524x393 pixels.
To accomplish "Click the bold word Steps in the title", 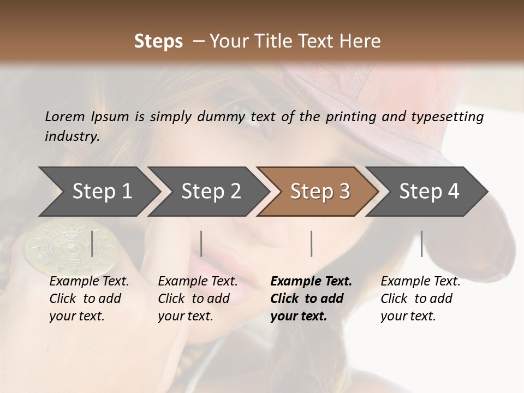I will point(158,41).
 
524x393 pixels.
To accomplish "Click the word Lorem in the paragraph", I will point(64,116).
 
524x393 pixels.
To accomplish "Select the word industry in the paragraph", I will point(72,136).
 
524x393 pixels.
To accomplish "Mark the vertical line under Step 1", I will point(92,243).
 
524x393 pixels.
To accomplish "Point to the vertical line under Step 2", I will point(201,243).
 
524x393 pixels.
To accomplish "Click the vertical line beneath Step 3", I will point(311,243).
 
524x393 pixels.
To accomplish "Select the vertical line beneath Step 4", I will point(421,243).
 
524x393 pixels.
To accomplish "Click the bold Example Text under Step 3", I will point(311,282).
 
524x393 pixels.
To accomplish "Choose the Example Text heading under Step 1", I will point(89,282).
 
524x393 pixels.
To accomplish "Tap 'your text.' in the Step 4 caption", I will point(408,316).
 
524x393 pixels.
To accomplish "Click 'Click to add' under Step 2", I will point(194,299).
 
